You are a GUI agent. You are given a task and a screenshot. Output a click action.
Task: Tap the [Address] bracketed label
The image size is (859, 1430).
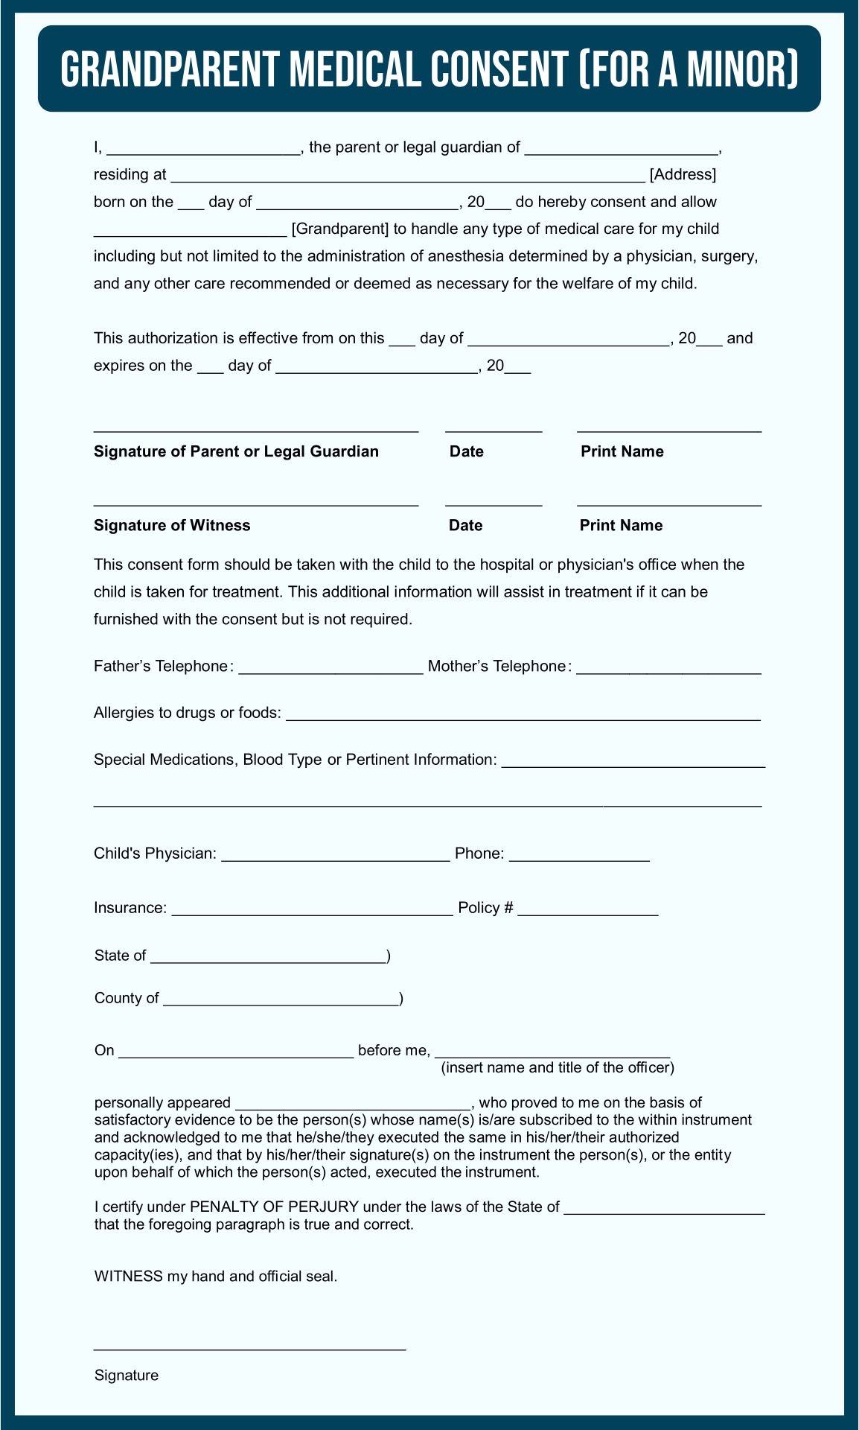pos(683,175)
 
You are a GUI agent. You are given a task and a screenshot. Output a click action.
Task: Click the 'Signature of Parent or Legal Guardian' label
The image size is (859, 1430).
pos(236,451)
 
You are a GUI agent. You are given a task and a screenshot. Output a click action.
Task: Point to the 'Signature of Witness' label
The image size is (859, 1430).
pos(172,525)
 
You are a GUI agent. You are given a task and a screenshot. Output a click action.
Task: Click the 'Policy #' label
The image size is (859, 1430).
pos(485,908)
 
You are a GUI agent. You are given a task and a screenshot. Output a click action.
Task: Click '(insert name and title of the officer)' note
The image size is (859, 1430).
pos(558,1068)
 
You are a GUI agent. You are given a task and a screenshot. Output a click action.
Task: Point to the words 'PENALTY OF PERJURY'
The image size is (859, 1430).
pos(275,1207)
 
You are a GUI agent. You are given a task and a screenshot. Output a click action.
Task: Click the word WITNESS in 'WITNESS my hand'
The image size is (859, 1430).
pos(128,1276)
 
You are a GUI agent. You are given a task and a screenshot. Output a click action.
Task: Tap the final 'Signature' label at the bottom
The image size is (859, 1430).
pos(127,1376)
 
